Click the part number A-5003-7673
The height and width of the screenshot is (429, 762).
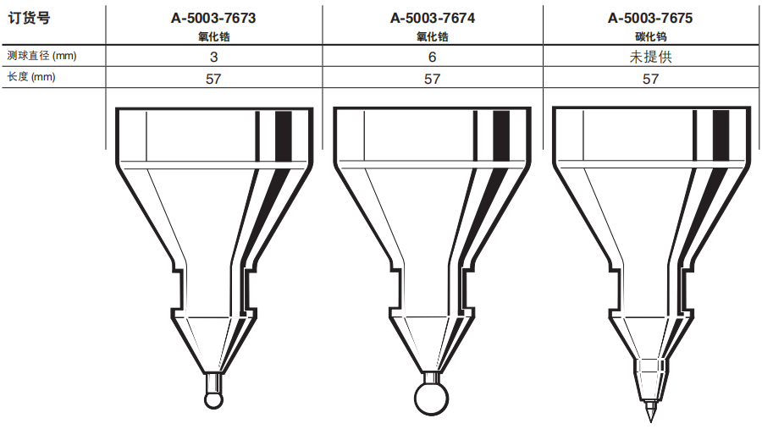coord(213,18)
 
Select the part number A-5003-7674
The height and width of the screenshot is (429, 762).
coord(433,18)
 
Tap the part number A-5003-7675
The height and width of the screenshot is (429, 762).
coord(650,18)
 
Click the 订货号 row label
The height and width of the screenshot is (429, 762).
coord(29,19)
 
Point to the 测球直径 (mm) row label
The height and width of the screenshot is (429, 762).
coord(41,56)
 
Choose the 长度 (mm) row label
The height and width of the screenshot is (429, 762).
coord(31,77)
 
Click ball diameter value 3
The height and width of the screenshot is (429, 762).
coord(214,57)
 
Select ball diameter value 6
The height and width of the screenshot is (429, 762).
coord(432,57)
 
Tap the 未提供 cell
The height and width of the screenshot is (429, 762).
coord(650,57)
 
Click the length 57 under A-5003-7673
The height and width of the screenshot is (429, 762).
coord(214,79)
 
